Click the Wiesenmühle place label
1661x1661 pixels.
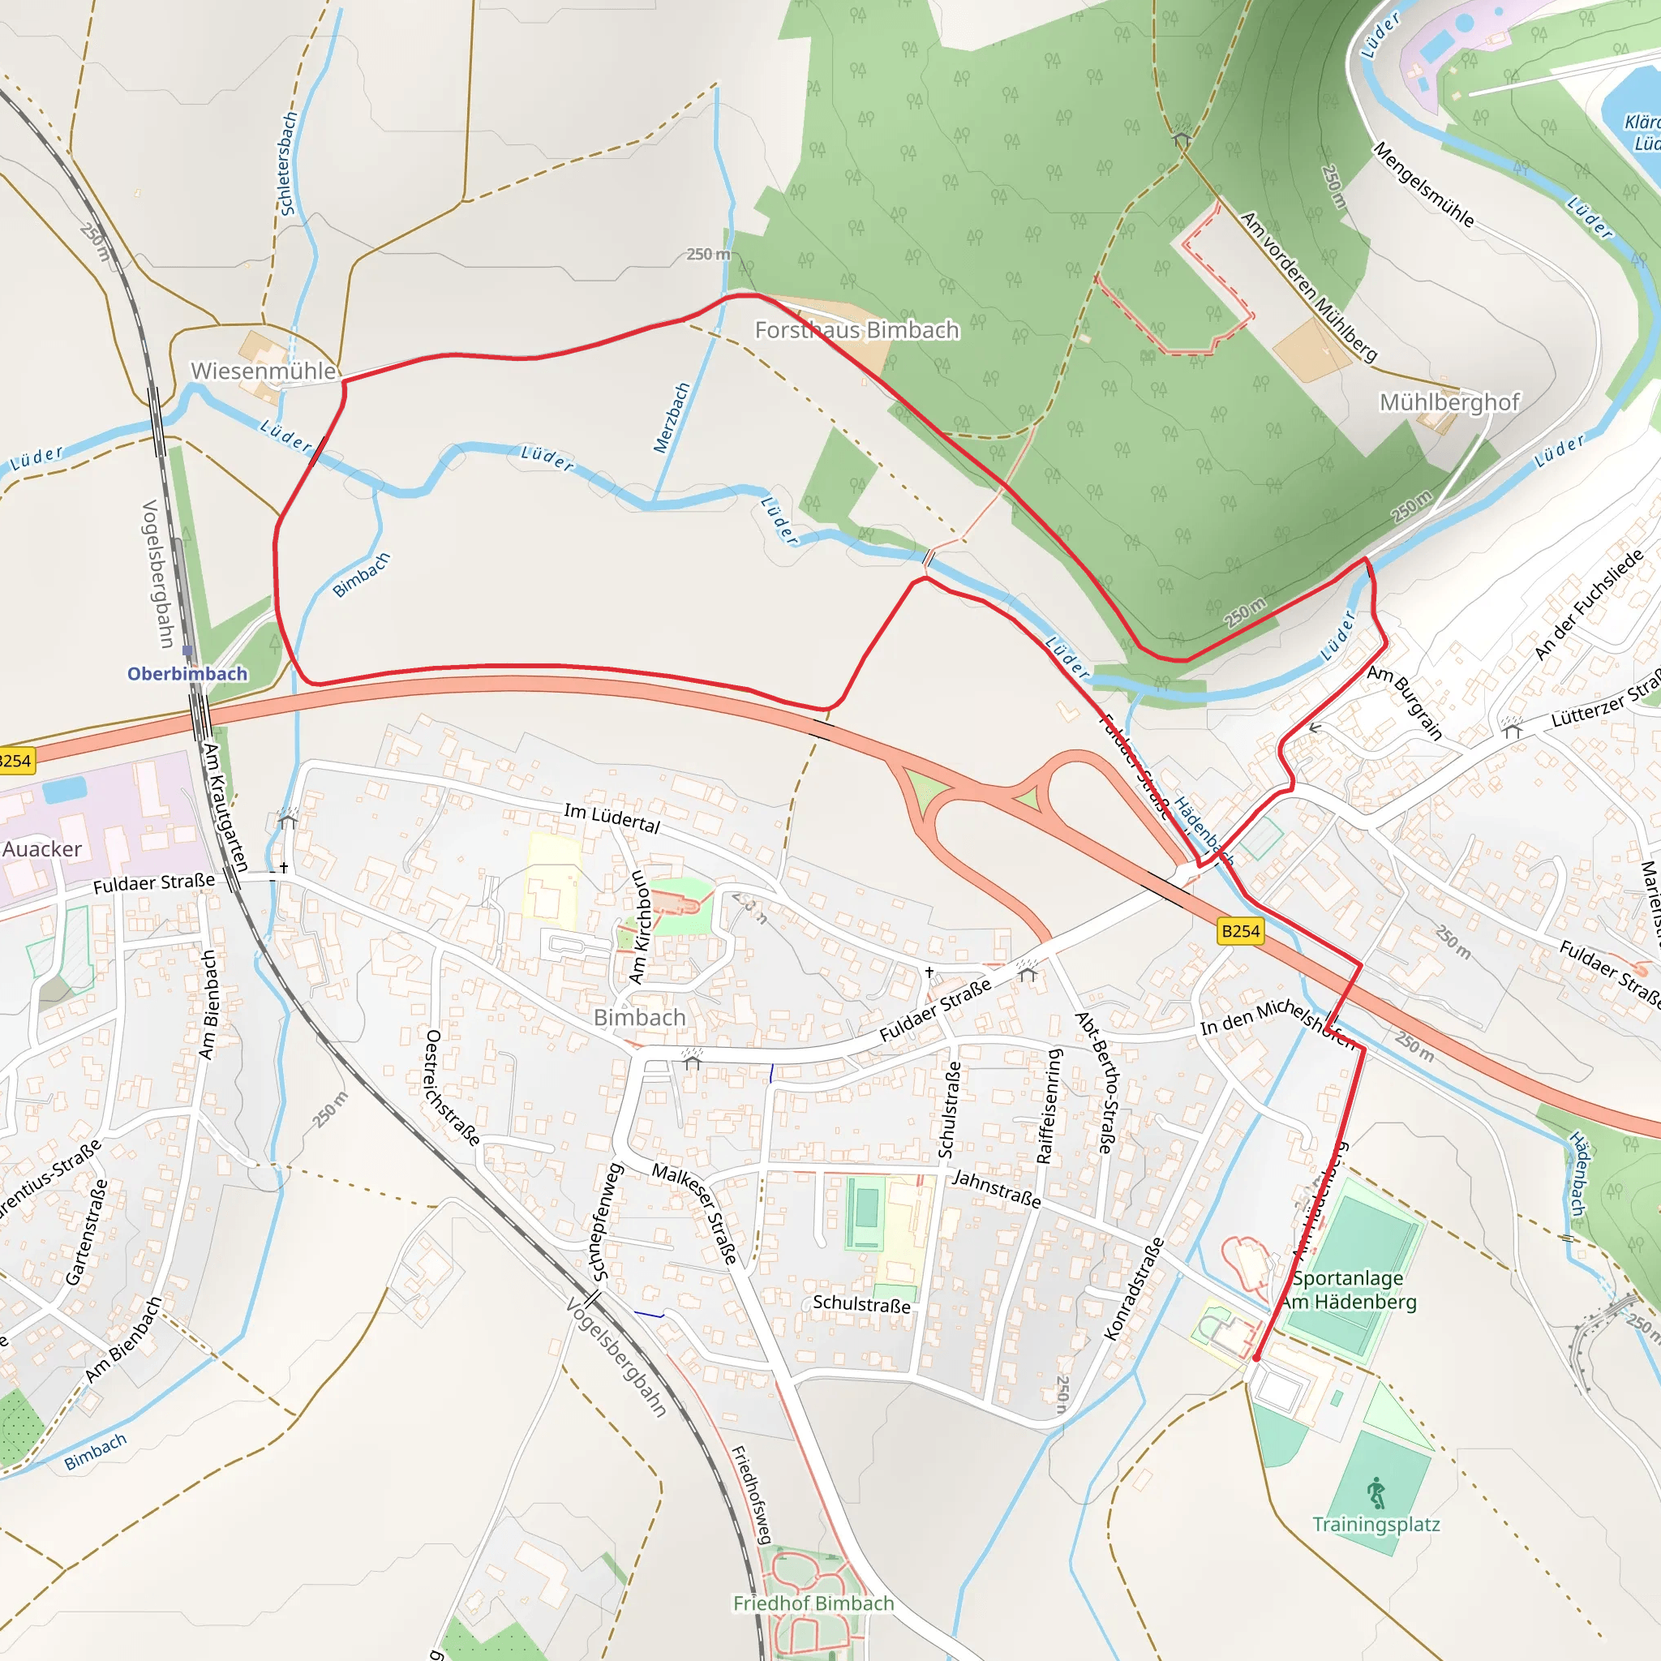pos(263,371)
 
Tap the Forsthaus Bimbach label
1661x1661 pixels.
pos(856,330)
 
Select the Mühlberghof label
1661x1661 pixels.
pos(1449,402)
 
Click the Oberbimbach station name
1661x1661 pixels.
pos(187,674)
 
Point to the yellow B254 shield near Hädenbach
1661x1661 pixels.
pos(1241,931)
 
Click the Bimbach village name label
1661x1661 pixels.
pos(640,1017)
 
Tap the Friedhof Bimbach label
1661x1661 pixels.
pos(813,1603)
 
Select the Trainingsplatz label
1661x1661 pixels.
pos(1376,1524)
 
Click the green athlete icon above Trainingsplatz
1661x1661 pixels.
pos(1376,1493)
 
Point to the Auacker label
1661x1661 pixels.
pos(41,849)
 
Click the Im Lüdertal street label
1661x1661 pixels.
pos(612,818)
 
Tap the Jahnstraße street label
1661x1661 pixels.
pos(997,1190)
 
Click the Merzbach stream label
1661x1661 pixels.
pos(672,418)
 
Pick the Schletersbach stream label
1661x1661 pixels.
pos(287,163)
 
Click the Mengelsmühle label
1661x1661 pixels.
pos(1423,185)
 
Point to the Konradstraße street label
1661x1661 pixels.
pos(1134,1289)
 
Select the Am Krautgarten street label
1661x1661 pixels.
pos(226,807)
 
